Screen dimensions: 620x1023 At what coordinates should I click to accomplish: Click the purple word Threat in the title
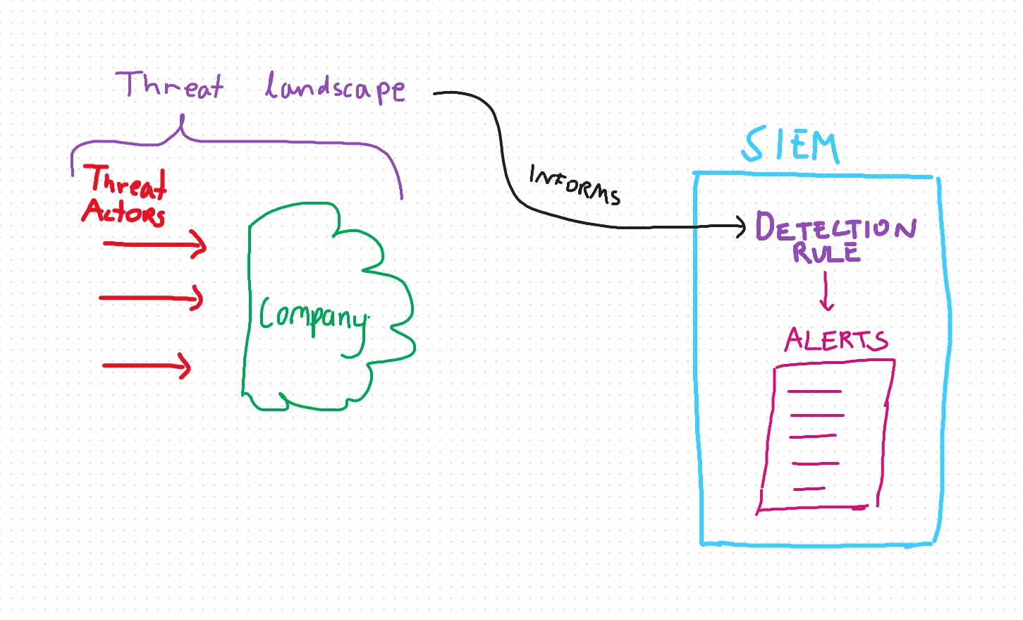point(171,85)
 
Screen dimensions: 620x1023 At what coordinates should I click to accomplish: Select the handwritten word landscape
point(335,88)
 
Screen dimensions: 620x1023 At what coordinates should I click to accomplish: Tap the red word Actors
point(124,212)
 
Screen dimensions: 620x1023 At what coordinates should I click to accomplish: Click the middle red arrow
point(151,298)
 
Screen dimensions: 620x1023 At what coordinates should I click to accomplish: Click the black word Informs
point(574,185)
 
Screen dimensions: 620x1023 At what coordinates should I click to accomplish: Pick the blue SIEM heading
point(790,146)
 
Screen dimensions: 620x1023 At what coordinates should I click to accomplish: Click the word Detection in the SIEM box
point(835,227)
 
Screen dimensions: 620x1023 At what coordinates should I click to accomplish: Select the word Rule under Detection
point(826,253)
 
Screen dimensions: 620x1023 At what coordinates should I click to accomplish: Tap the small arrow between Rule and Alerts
point(826,292)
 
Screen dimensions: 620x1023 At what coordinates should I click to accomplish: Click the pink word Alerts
point(836,340)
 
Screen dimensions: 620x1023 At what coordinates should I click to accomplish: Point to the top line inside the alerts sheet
point(814,391)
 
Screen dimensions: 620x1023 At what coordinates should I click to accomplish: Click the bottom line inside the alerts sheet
point(809,488)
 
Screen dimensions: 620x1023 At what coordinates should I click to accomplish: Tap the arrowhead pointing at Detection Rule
point(741,226)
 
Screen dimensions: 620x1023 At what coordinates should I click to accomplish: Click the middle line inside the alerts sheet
point(813,437)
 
